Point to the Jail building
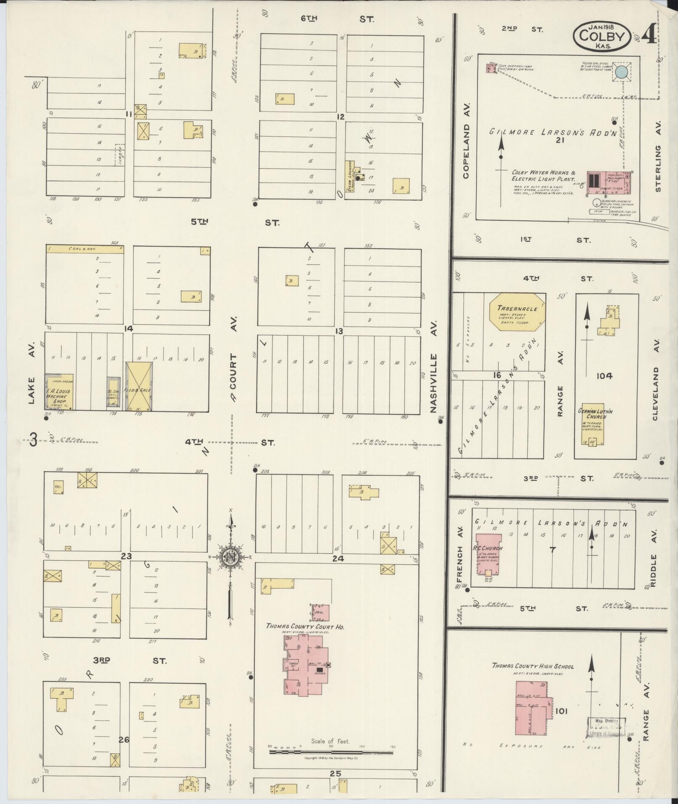(321, 613)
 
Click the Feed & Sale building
(139, 386)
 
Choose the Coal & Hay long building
(85, 249)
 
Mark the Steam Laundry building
(350, 176)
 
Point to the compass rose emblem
(231, 557)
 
